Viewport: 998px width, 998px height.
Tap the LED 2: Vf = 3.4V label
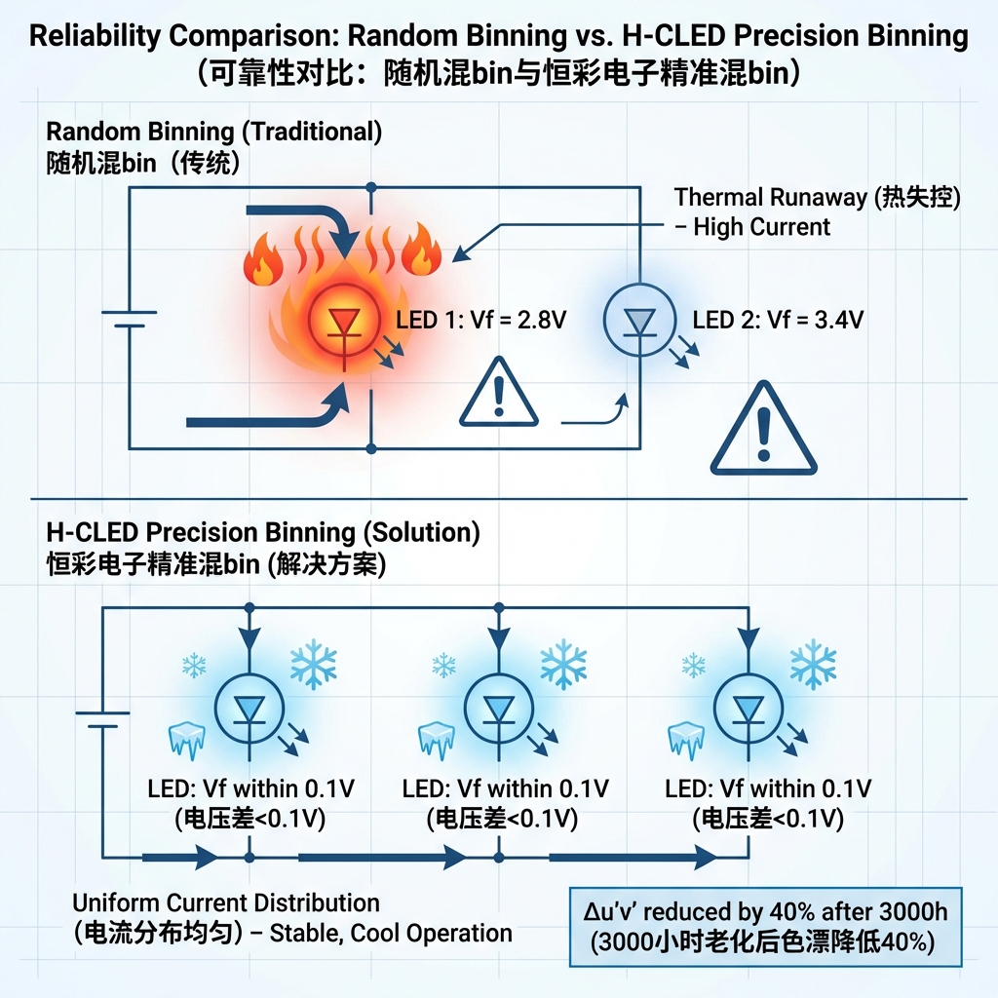(777, 321)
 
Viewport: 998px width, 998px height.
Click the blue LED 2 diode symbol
(638, 319)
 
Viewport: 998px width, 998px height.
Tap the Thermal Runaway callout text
(817, 211)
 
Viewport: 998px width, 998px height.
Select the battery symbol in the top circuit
(129, 320)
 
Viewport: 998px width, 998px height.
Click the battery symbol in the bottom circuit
(103, 720)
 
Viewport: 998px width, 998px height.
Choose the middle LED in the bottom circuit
(499, 709)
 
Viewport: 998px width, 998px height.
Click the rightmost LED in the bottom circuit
(748, 709)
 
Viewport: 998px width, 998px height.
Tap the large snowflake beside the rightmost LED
(813, 664)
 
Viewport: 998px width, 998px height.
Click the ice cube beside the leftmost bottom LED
(185, 740)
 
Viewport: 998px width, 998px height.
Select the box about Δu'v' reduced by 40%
(764, 927)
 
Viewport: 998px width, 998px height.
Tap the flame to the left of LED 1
(263, 258)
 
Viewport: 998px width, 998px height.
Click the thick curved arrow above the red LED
(302, 219)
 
